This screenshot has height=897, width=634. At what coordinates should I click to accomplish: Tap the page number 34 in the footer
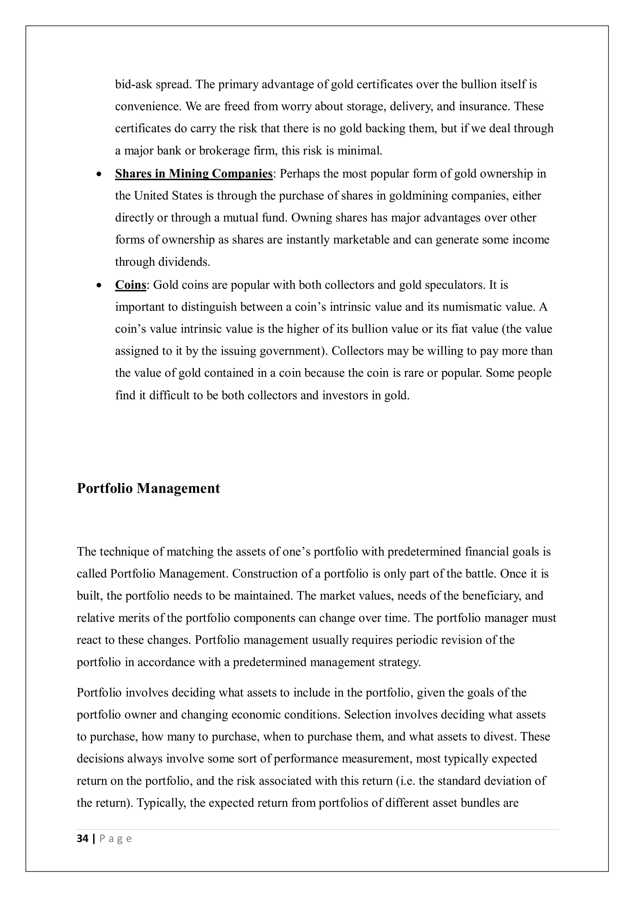click(82, 838)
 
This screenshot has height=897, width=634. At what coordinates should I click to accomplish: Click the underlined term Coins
click(130, 285)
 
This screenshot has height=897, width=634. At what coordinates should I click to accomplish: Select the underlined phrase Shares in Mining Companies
click(193, 173)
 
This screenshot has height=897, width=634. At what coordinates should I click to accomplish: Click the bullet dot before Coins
click(99, 285)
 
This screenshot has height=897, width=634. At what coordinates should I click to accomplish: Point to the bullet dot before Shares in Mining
click(99, 174)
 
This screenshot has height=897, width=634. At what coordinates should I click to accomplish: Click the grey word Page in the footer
click(116, 839)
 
